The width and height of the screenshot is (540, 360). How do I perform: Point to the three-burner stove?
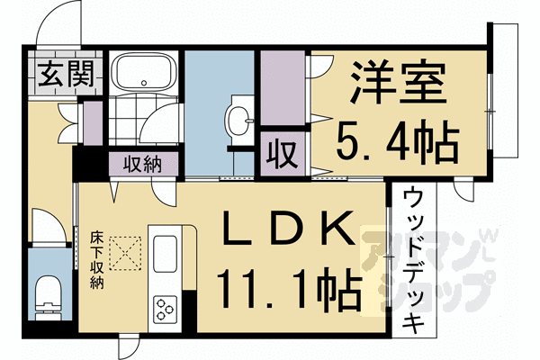(166, 309)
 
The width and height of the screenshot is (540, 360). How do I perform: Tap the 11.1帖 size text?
(286, 290)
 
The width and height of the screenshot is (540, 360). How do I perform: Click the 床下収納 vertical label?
(96, 261)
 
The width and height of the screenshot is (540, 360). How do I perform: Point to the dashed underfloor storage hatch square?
(129, 251)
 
